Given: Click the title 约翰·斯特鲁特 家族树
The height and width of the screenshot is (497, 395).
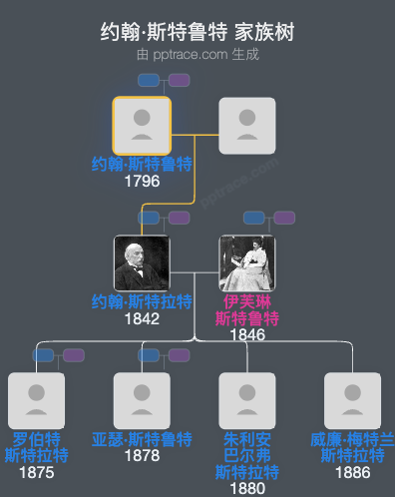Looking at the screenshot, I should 197,32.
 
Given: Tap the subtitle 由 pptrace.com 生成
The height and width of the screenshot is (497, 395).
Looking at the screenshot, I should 197,54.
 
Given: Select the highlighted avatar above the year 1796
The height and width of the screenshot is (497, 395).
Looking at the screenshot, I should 142,126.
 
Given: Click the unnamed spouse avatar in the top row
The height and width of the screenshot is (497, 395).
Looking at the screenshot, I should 247,126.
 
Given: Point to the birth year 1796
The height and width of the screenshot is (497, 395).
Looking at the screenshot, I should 142,182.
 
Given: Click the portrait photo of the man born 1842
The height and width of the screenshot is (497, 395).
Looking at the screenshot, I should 142,263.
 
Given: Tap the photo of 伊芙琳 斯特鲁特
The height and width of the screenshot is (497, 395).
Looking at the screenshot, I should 247,263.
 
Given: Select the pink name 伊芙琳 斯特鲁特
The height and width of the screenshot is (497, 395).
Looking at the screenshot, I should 247,310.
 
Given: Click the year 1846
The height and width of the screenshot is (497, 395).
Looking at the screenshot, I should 247,335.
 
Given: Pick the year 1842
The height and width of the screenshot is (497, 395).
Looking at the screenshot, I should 142,319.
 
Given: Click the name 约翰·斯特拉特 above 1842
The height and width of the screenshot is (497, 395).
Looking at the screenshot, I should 142,302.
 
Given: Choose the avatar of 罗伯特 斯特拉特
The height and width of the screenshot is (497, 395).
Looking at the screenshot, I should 36,401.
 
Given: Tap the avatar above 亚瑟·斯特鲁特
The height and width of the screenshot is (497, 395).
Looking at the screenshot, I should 142,401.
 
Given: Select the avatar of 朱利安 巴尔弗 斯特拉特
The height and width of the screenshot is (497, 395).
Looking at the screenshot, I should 247,401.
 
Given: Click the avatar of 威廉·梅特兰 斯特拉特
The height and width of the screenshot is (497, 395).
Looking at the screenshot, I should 353,401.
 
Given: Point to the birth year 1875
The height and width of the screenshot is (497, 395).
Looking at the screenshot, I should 36,473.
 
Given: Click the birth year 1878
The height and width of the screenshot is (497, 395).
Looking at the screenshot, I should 142,456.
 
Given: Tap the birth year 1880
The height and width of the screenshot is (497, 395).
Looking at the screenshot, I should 247,489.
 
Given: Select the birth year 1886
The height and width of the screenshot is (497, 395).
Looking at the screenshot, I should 353,473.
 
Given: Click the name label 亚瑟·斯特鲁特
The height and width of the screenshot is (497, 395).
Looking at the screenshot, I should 142,439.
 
